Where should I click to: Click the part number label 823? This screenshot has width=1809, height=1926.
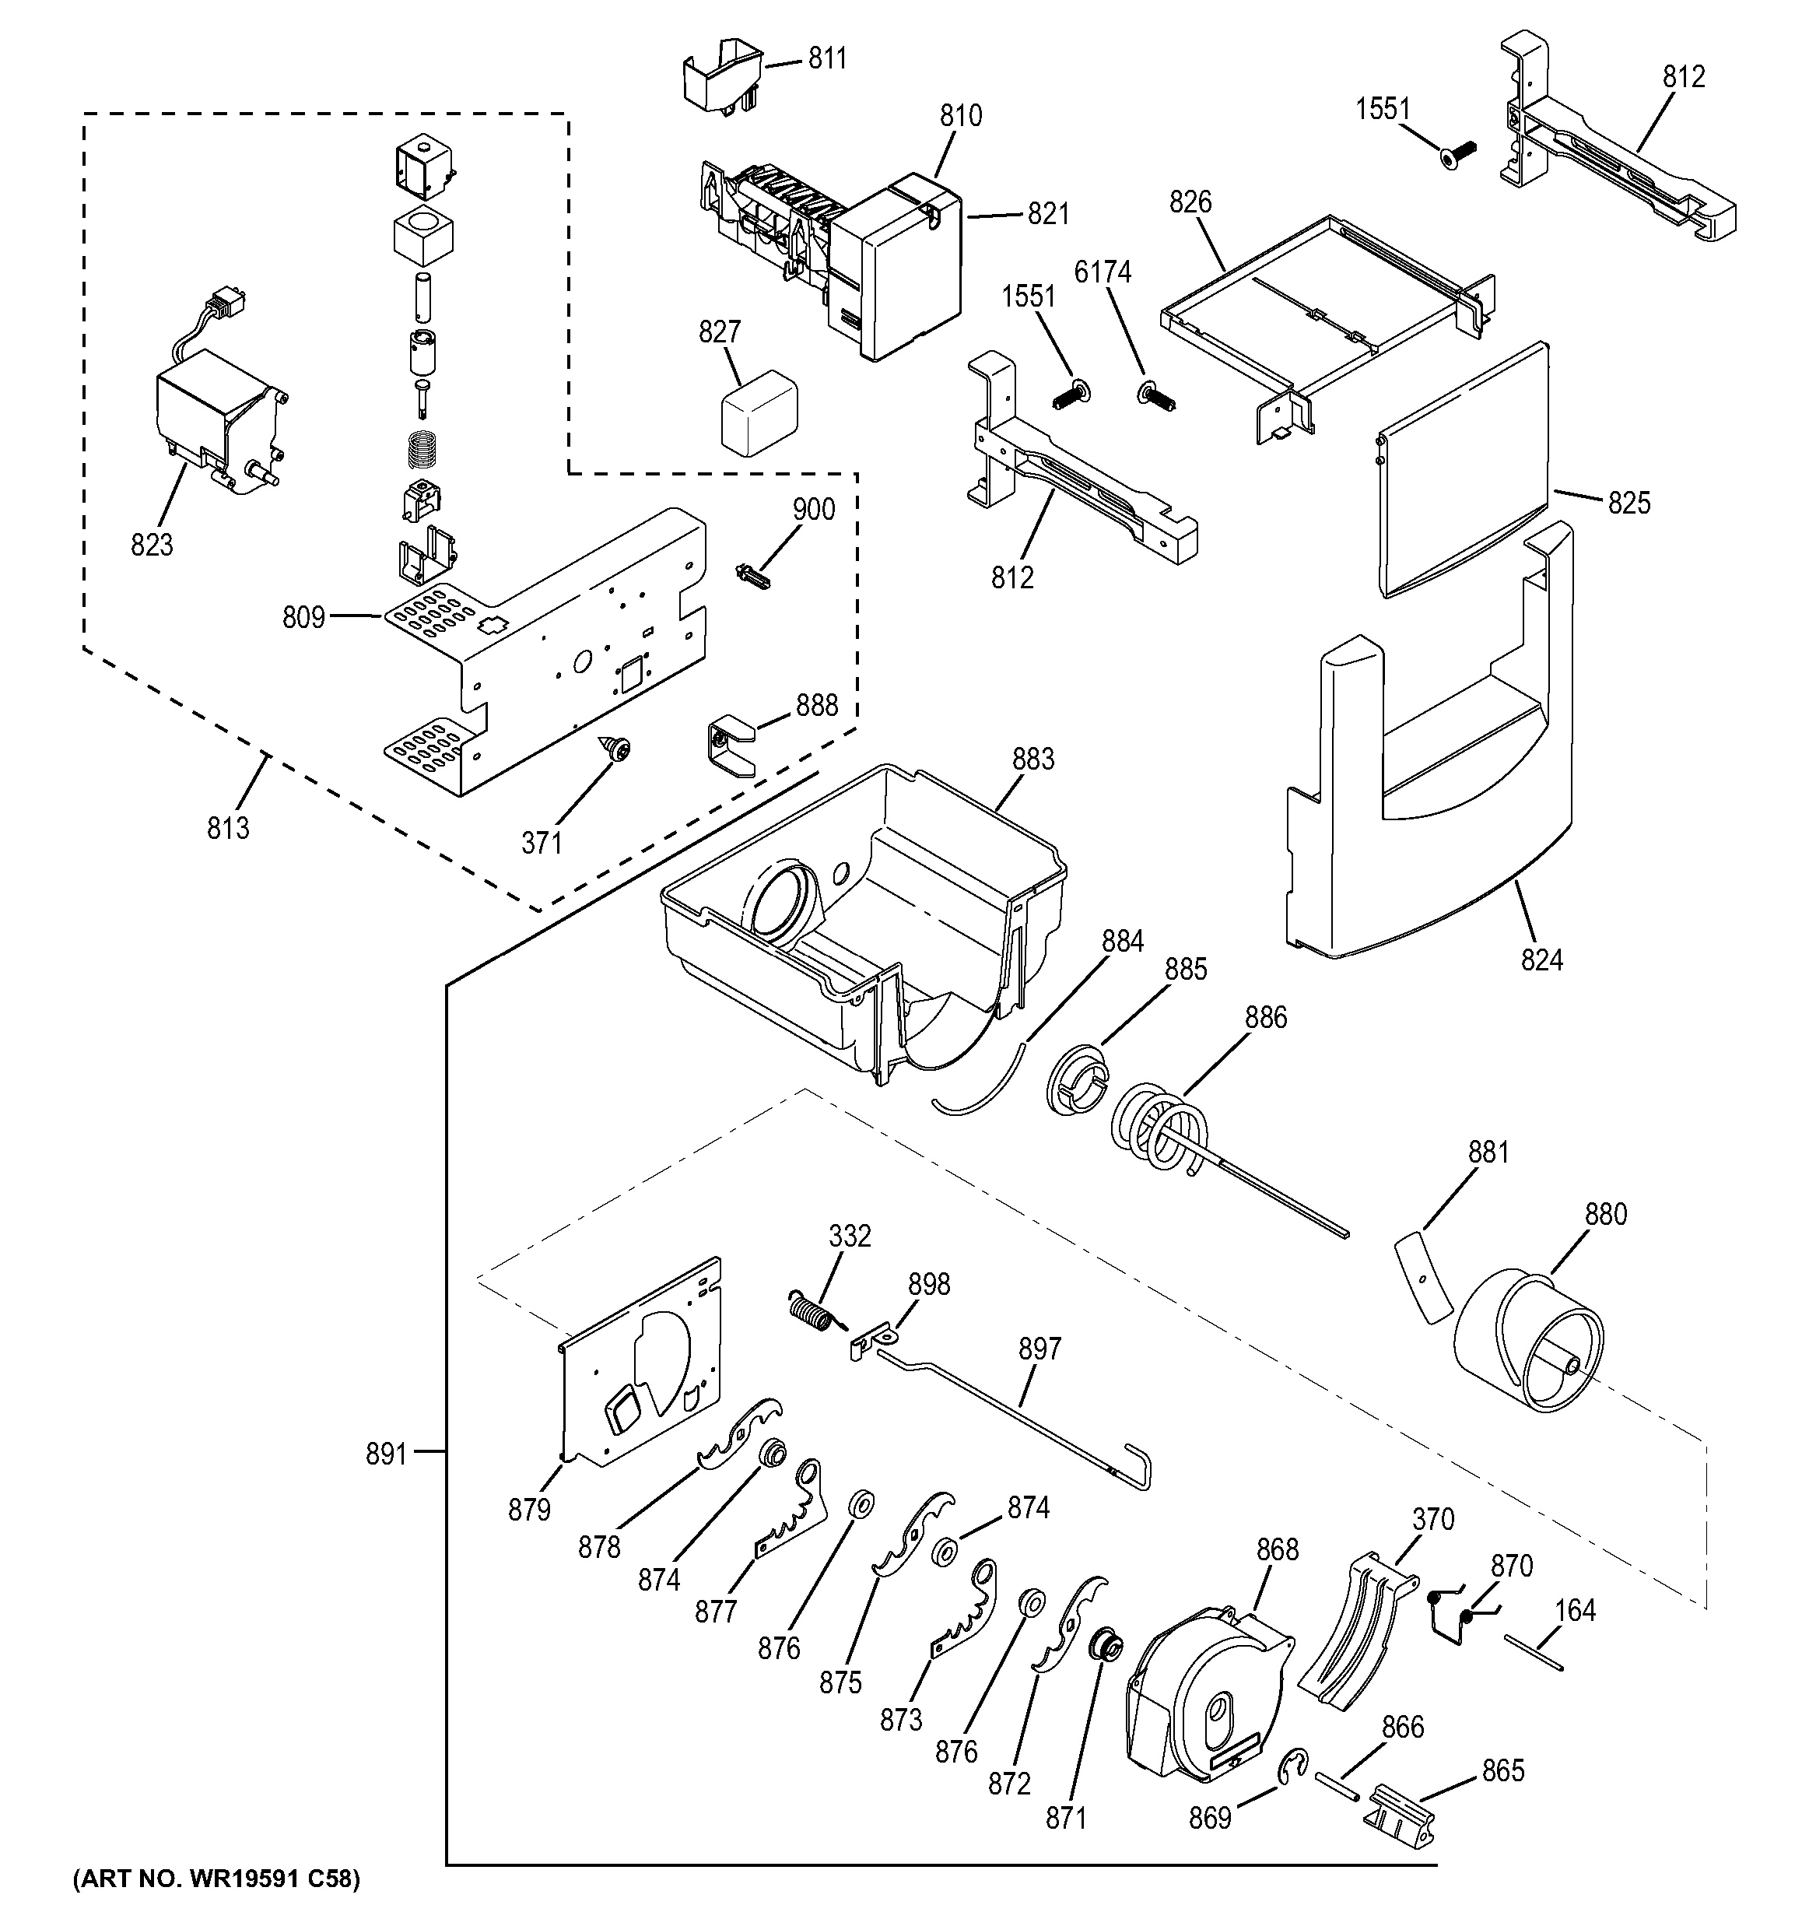pos(152,546)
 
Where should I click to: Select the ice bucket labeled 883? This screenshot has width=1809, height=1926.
pos(862,921)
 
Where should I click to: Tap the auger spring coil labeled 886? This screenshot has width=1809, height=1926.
pos(1157,1128)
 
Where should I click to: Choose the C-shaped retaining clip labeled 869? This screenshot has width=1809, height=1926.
pos(1293,1766)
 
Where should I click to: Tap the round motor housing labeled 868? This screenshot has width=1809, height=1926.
pos(1206,1696)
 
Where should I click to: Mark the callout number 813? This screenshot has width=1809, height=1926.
pos(227,828)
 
